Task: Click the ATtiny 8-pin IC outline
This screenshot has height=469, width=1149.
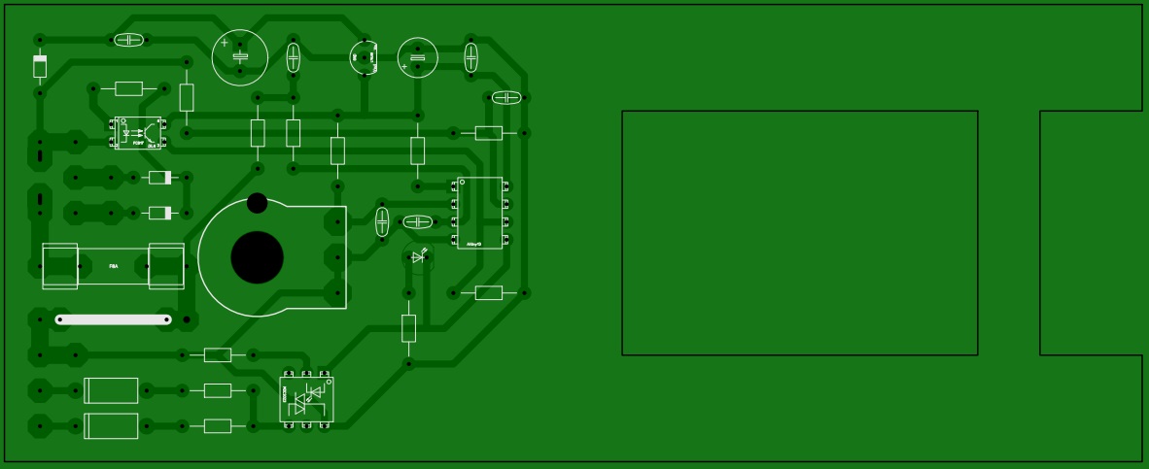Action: pyautogui.click(x=480, y=213)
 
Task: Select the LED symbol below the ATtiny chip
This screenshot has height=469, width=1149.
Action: pyautogui.click(x=418, y=257)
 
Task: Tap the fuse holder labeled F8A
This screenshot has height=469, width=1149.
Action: pyautogui.click(x=113, y=265)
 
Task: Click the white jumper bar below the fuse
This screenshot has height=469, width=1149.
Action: pyautogui.click(x=114, y=319)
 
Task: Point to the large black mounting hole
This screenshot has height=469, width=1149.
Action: pyautogui.click(x=257, y=257)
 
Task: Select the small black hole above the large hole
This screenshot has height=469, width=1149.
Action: pyautogui.click(x=257, y=203)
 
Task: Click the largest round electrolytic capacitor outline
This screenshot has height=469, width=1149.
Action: pyautogui.click(x=240, y=57)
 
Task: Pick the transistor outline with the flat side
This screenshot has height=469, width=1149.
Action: pyautogui.click(x=364, y=57)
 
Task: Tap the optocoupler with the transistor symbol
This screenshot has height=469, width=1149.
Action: pyautogui.click(x=138, y=133)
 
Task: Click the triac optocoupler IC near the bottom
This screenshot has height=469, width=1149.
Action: pyautogui.click(x=306, y=399)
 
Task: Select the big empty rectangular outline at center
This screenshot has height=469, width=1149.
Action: pyautogui.click(x=799, y=233)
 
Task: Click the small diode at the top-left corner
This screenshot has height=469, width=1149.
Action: pyautogui.click(x=40, y=66)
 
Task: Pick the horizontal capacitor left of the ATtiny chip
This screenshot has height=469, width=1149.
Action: pyautogui.click(x=417, y=221)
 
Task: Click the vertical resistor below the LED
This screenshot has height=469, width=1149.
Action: pyautogui.click(x=408, y=328)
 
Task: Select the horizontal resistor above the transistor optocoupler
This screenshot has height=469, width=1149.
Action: pyautogui.click(x=128, y=88)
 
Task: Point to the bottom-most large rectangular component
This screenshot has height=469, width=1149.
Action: pyautogui.click(x=111, y=425)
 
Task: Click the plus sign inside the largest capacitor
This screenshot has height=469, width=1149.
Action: pyautogui.click(x=225, y=43)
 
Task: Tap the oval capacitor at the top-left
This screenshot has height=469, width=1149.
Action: pyautogui.click(x=128, y=40)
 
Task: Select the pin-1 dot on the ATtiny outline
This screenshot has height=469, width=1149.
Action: pyautogui.click(x=463, y=182)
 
